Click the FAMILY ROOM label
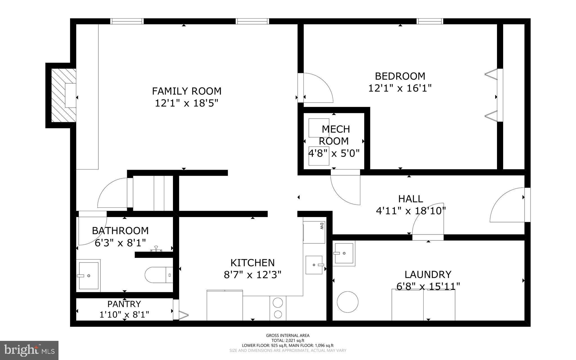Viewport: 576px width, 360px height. [187, 91]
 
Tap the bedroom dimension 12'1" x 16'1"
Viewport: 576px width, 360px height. [400, 88]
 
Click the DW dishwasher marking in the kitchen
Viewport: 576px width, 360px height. [321, 225]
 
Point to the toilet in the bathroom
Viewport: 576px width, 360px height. [157, 275]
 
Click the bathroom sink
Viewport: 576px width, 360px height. [89, 276]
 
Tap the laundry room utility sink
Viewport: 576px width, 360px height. [344, 253]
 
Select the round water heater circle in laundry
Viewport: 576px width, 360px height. [348, 302]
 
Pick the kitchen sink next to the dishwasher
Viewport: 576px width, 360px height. [314, 265]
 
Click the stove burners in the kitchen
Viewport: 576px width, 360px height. [278, 308]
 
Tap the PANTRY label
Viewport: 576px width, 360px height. [124, 304]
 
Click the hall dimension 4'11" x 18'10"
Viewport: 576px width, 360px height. [411, 211]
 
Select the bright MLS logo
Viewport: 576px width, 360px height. [29, 350]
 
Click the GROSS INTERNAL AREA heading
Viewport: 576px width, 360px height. [288, 335]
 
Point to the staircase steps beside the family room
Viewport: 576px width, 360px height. [153, 193]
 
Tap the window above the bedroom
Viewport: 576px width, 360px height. [429, 21]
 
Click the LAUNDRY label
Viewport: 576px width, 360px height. [428, 274]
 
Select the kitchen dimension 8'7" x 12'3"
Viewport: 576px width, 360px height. [252, 275]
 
